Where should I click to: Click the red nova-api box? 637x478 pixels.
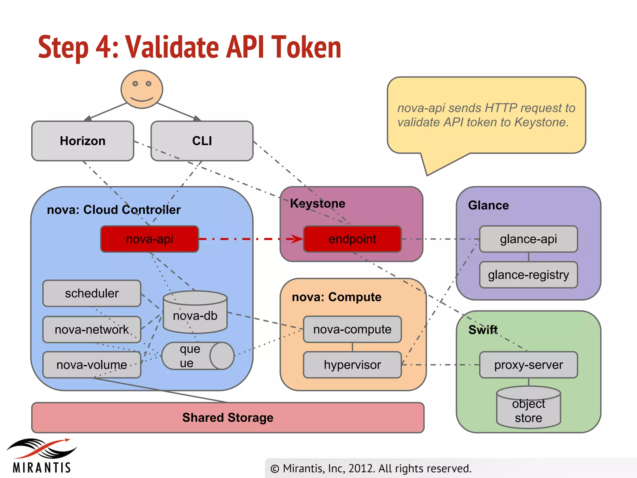tap(150, 239)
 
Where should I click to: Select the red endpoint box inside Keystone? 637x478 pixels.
tap(352, 239)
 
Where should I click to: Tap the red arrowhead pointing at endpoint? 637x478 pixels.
tap(297, 239)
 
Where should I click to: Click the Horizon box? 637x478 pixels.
tap(83, 141)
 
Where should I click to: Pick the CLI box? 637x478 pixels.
tap(202, 141)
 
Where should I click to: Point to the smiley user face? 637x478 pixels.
tap(142, 89)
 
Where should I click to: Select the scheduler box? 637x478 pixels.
tap(92, 293)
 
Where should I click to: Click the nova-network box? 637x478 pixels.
tap(92, 330)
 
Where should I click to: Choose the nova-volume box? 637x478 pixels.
tap(92, 365)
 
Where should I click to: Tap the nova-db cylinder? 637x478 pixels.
tap(195, 314)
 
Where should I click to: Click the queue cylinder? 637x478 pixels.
tap(198, 356)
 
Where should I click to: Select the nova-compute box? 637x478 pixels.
tap(352, 329)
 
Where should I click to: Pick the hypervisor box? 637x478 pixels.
tap(352, 365)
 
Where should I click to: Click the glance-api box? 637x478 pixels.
tap(528, 239)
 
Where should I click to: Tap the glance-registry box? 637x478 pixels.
tap(528, 275)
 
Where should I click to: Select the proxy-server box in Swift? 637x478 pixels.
tap(528, 365)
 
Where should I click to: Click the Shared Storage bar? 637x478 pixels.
tap(228, 418)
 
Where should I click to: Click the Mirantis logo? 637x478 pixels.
tap(42, 456)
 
